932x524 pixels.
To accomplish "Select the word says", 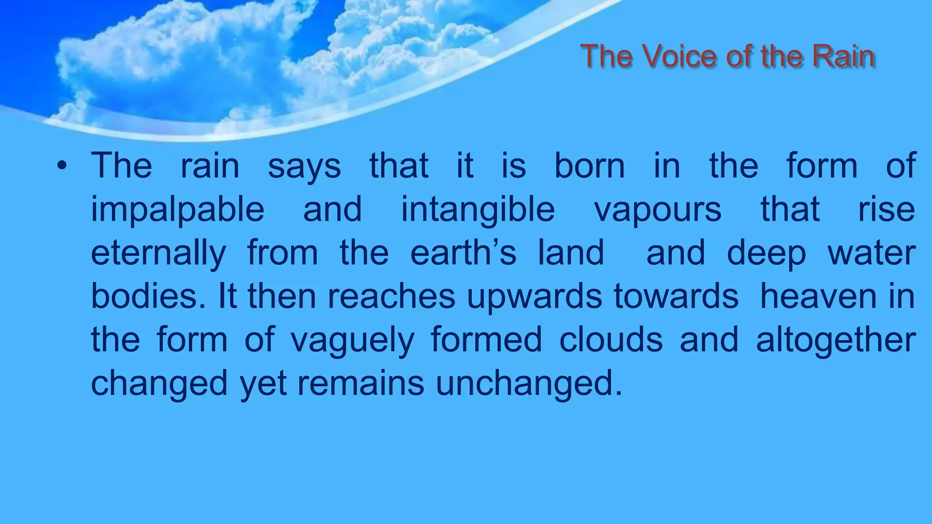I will point(304,166).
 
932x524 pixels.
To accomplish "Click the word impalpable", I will point(177,210).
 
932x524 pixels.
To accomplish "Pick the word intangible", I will point(478,210).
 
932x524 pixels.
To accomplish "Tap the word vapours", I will point(658,210).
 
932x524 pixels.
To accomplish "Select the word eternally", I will point(158,254).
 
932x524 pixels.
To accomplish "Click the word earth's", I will point(463,253).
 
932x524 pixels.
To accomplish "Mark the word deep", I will point(766,254).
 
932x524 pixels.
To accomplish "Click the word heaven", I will point(818,297).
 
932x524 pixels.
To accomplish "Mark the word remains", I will point(361,383).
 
